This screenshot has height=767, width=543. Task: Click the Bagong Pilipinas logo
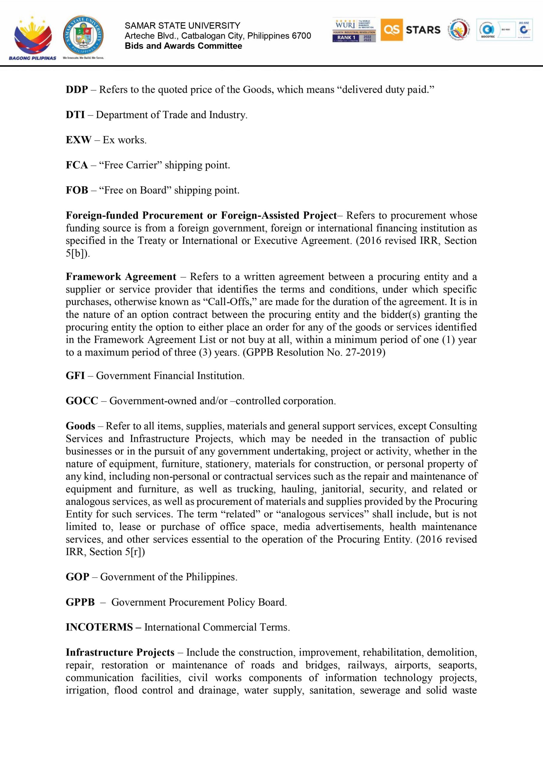click(32, 37)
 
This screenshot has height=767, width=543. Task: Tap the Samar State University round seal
click(83, 36)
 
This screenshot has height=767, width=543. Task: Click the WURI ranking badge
click(354, 30)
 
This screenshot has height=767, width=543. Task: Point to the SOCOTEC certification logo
click(488, 30)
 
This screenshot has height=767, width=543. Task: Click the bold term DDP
click(76, 90)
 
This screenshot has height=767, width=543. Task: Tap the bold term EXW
click(78, 140)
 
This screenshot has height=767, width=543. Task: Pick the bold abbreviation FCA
click(76, 165)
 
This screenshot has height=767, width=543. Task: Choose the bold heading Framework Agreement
click(121, 277)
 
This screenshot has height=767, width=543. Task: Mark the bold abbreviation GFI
click(75, 375)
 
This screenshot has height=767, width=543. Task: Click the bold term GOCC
click(82, 401)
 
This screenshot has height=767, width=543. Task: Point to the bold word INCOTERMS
click(99, 627)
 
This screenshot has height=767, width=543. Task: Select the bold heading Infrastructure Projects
click(120, 653)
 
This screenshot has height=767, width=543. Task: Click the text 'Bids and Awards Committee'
click(183, 46)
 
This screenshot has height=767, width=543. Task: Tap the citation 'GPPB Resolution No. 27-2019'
click(314, 352)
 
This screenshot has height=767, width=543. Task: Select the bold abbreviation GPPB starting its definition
click(80, 602)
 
